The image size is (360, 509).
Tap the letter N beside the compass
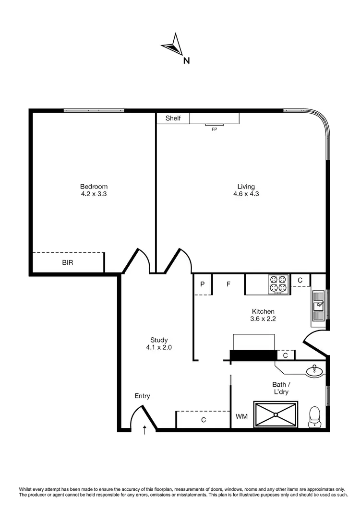tap(186, 60)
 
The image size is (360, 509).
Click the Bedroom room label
tap(94, 187)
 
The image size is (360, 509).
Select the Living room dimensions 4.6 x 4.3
tap(246, 194)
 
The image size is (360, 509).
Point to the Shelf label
tap(173, 118)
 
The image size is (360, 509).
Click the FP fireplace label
tap(214, 129)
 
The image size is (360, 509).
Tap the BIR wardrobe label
tap(68, 263)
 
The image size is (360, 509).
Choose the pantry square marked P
tap(203, 284)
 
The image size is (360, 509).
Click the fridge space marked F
tap(229, 284)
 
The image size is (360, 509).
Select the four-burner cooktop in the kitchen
tap(278, 284)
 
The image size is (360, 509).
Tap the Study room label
tap(158, 340)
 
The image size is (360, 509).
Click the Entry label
tap(142, 396)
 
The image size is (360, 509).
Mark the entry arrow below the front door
tap(145, 430)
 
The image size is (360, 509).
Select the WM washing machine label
tap(241, 416)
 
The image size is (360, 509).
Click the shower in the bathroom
tap(276, 414)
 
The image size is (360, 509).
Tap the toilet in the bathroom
tap(315, 415)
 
